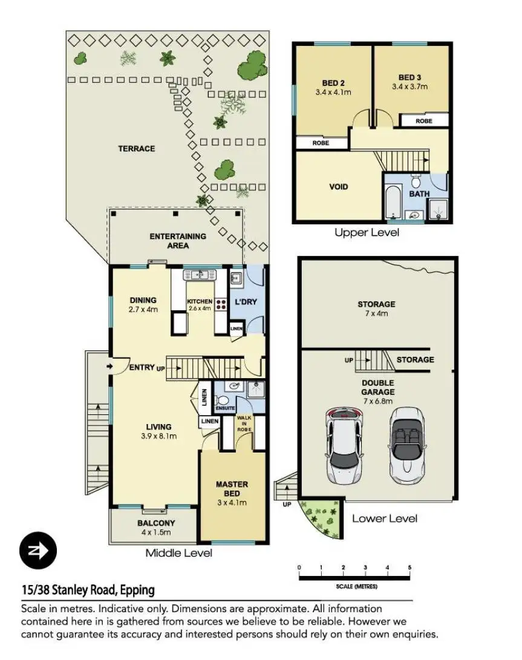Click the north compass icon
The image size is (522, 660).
click(x=38, y=550)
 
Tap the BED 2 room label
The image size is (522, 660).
click(x=333, y=88)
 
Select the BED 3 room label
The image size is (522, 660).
click(x=409, y=82)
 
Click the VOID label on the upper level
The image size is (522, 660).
click(x=339, y=186)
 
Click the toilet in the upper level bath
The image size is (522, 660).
click(x=416, y=181)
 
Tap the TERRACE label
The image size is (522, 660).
click(x=136, y=149)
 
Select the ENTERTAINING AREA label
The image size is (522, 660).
click(x=178, y=241)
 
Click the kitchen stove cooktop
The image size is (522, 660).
click(x=221, y=304)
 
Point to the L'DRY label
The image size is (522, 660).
click(x=246, y=301)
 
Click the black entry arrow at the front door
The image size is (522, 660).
click(x=109, y=366)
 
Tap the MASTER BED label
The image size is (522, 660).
click(x=232, y=489)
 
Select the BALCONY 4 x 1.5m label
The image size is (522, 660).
click(x=156, y=528)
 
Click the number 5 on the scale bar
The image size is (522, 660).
click(x=409, y=567)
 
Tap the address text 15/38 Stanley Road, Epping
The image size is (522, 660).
click(x=88, y=590)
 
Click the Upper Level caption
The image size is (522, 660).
click(x=367, y=232)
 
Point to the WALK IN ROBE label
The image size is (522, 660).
click(x=244, y=423)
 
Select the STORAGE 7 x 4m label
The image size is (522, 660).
click(x=376, y=309)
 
